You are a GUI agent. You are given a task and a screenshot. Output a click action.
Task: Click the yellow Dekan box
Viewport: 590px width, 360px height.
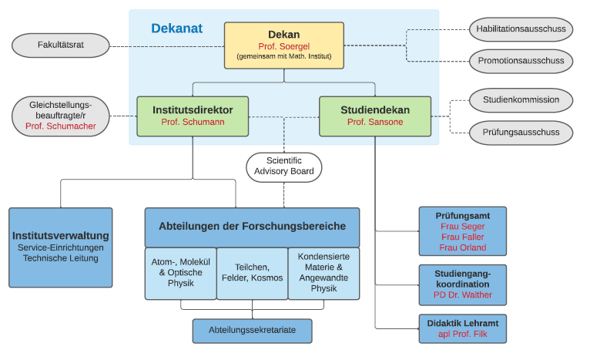tap(284, 45)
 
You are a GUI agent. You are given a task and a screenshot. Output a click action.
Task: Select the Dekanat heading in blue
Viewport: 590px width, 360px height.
tap(177, 29)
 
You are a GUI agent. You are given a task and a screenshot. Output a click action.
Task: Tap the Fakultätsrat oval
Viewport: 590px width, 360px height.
tap(61, 45)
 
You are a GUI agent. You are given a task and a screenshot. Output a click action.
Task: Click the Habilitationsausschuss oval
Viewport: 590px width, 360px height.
tap(521, 29)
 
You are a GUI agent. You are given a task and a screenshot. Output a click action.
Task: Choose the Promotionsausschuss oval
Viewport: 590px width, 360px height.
tap(521, 61)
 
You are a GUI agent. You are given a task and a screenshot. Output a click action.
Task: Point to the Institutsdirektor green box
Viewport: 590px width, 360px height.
tap(193, 116)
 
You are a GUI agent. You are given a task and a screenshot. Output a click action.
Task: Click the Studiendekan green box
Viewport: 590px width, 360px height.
tap(375, 116)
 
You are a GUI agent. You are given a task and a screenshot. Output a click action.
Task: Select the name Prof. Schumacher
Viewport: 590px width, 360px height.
tap(61, 126)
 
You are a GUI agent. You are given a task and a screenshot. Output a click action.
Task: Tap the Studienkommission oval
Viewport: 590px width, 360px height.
tap(521, 100)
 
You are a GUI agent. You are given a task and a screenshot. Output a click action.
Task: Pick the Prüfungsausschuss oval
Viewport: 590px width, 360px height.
tap(521, 133)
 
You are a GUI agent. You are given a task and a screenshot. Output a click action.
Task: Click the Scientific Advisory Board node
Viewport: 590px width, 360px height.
tap(284, 167)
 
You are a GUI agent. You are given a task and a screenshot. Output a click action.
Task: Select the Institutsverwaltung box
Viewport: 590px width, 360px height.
tap(61, 247)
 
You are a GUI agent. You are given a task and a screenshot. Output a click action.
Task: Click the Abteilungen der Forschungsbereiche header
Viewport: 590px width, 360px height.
tap(252, 227)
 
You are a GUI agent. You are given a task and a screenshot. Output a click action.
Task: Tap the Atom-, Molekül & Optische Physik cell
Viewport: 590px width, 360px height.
tap(180, 274)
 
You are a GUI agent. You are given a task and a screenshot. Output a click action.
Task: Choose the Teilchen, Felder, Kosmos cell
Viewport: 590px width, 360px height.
tap(252, 274)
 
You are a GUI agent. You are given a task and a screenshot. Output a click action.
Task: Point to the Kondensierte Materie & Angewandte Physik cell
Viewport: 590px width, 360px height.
tap(323, 274)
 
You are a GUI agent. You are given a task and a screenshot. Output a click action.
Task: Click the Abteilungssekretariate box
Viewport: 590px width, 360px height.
tap(252, 331)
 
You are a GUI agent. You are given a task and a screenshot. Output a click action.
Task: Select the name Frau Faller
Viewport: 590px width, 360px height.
tap(462, 237)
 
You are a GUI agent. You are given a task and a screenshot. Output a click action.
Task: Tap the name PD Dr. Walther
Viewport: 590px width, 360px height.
tap(462, 294)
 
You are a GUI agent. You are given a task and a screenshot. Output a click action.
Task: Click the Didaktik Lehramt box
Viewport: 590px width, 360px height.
tap(462, 328)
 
